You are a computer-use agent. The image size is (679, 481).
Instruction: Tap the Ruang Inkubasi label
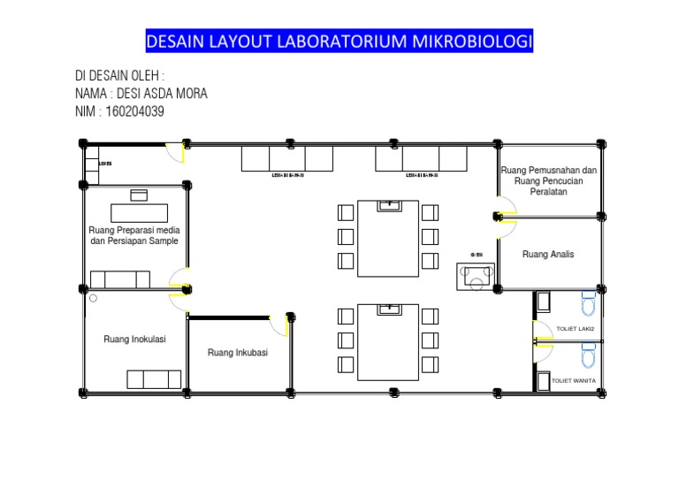point(237,353)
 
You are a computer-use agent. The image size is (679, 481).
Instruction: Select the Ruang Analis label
point(548,254)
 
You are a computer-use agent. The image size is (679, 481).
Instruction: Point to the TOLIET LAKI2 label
point(576,329)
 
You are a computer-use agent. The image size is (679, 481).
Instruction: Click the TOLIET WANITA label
point(573,381)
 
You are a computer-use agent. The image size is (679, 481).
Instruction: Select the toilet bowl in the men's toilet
point(589,304)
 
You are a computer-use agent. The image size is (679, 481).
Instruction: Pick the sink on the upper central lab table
point(388,205)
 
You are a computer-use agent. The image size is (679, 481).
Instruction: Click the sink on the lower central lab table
point(388,309)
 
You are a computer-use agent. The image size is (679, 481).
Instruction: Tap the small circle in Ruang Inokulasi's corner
point(92,298)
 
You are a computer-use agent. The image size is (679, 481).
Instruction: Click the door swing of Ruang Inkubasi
point(281,324)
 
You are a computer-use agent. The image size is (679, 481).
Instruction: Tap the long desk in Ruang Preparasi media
point(139,212)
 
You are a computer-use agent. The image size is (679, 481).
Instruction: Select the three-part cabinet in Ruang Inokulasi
point(154,378)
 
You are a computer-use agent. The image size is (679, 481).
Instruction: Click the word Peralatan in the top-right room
point(548,192)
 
